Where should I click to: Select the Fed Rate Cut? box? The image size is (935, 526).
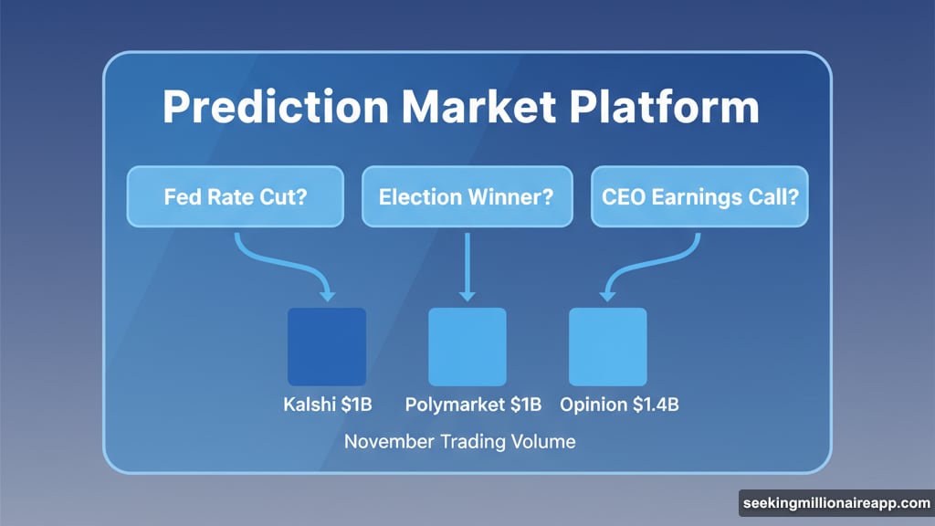[x=235, y=196]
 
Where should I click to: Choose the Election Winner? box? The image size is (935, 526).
[x=467, y=196]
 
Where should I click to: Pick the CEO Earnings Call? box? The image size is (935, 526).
[x=699, y=196]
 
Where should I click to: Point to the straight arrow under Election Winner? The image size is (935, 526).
[x=467, y=265]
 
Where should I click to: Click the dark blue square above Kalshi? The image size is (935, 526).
[x=327, y=347]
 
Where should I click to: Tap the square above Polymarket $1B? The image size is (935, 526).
[x=467, y=347]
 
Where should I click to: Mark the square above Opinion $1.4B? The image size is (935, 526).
[x=607, y=347]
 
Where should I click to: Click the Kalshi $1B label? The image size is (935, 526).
[x=327, y=405]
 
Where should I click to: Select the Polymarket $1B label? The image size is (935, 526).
[x=473, y=405]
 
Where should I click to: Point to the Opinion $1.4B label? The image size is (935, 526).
[x=619, y=405]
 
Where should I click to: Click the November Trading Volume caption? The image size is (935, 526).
[x=459, y=442]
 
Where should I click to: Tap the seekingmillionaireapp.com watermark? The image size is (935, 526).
[x=835, y=504]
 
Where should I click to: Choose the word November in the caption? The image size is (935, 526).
[x=388, y=442]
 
